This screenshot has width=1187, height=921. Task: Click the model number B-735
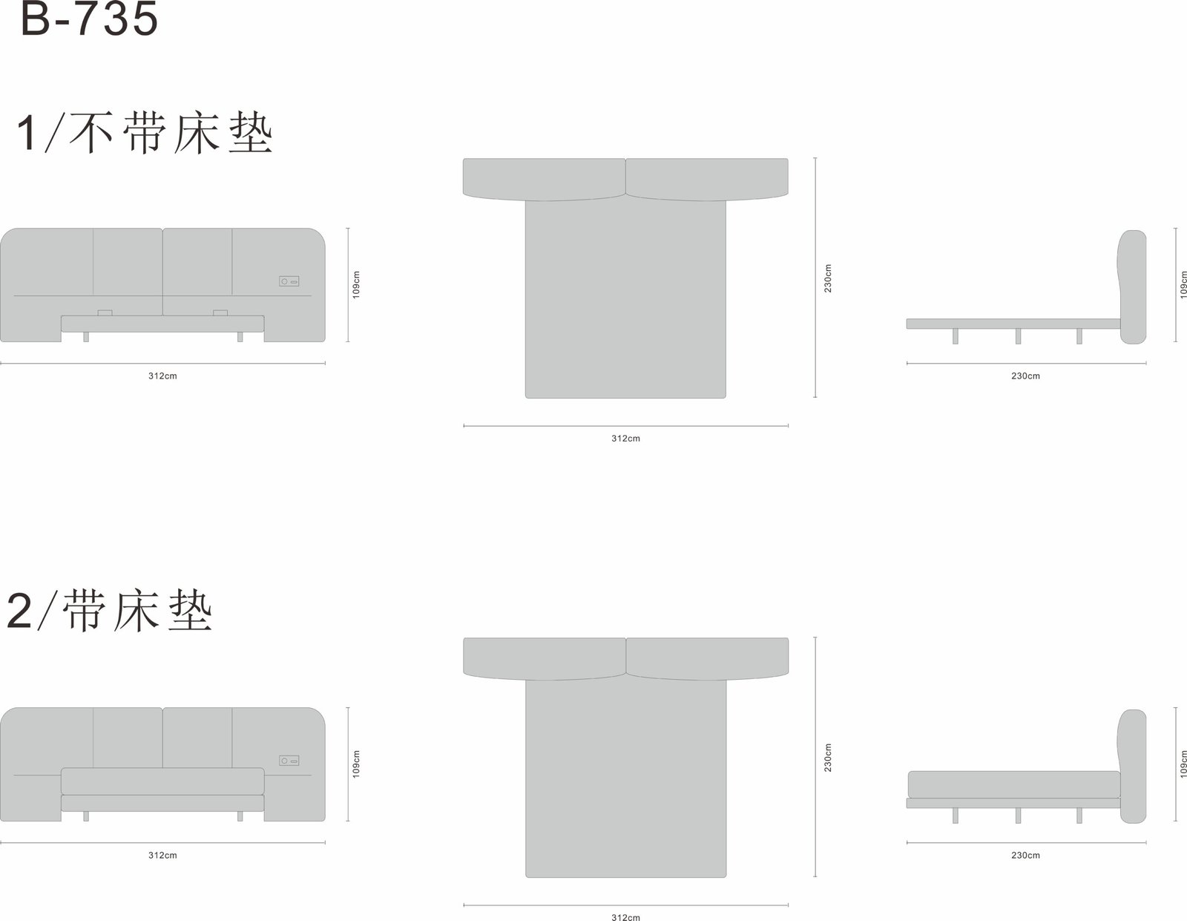pyautogui.click(x=90, y=19)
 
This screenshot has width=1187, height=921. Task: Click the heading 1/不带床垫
pyautogui.click(x=144, y=133)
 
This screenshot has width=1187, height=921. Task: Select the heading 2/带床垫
pyautogui.click(x=109, y=611)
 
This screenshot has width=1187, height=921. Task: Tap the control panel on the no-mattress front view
pyautogui.click(x=289, y=281)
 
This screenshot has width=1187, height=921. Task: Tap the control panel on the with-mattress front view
pyautogui.click(x=289, y=761)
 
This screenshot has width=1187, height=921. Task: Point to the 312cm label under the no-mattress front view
pyautogui.click(x=162, y=376)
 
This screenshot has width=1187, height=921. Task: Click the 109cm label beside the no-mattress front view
pyautogui.click(x=356, y=284)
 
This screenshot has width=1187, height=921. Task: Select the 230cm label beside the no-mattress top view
pyautogui.click(x=828, y=278)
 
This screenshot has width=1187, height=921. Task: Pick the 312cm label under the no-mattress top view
pyautogui.click(x=625, y=438)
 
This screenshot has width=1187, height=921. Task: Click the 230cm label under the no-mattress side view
pyautogui.click(x=1025, y=376)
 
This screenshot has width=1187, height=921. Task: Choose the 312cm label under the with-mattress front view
pyautogui.click(x=162, y=855)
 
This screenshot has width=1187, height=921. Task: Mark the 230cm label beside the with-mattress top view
pyautogui.click(x=828, y=758)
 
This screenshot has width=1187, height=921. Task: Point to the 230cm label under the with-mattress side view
pyautogui.click(x=1025, y=855)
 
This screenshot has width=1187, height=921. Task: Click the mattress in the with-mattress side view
pyautogui.click(x=1014, y=784)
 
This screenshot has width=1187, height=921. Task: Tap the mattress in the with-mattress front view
pyautogui.click(x=162, y=781)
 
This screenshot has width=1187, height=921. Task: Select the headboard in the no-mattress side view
pyautogui.click(x=1132, y=286)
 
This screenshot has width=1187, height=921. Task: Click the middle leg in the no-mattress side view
pyautogui.click(x=1018, y=336)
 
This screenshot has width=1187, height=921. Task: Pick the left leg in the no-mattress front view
pyautogui.click(x=86, y=336)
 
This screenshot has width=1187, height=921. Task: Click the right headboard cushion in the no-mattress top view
pyautogui.click(x=707, y=179)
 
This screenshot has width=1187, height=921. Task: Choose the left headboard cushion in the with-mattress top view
pyautogui.click(x=545, y=658)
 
